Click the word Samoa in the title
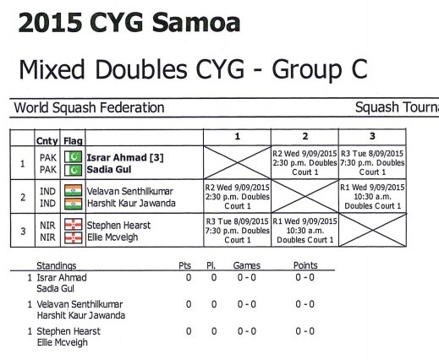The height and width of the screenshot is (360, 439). click(x=196, y=23)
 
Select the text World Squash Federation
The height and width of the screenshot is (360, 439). click(x=89, y=108)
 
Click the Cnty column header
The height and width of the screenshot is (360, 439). click(x=47, y=141)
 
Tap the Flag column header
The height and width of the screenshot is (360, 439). click(x=73, y=141)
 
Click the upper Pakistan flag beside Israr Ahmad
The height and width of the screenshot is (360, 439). click(x=73, y=157)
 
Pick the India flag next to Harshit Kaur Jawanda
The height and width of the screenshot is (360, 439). click(x=73, y=204)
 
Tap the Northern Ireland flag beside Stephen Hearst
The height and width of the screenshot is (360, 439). click(x=73, y=225)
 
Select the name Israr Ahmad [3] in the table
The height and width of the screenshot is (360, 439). click(x=125, y=158)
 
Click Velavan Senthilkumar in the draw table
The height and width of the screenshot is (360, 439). click(x=129, y=192)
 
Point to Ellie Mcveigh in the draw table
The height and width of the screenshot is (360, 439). click(x=112, y=237)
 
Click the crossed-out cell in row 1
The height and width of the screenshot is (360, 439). click(x=237, y=162)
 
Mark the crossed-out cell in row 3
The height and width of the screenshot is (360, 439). click(x=372, y=230)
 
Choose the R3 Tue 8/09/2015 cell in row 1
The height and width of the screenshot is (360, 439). click(x=372, y=162)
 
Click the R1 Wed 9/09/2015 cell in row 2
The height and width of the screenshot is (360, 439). click(x=372, y=196)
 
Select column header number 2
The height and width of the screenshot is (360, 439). click(x=305, y=137)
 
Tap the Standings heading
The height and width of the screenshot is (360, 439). click(x=57, y=265)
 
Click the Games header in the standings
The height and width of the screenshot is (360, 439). click(x=247, y=265)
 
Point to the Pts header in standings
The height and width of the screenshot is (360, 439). click(x=185, y=265)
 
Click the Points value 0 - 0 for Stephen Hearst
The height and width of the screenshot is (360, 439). click(x=305, y=331)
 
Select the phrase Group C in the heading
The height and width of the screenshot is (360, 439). click(x=320, y=69)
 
